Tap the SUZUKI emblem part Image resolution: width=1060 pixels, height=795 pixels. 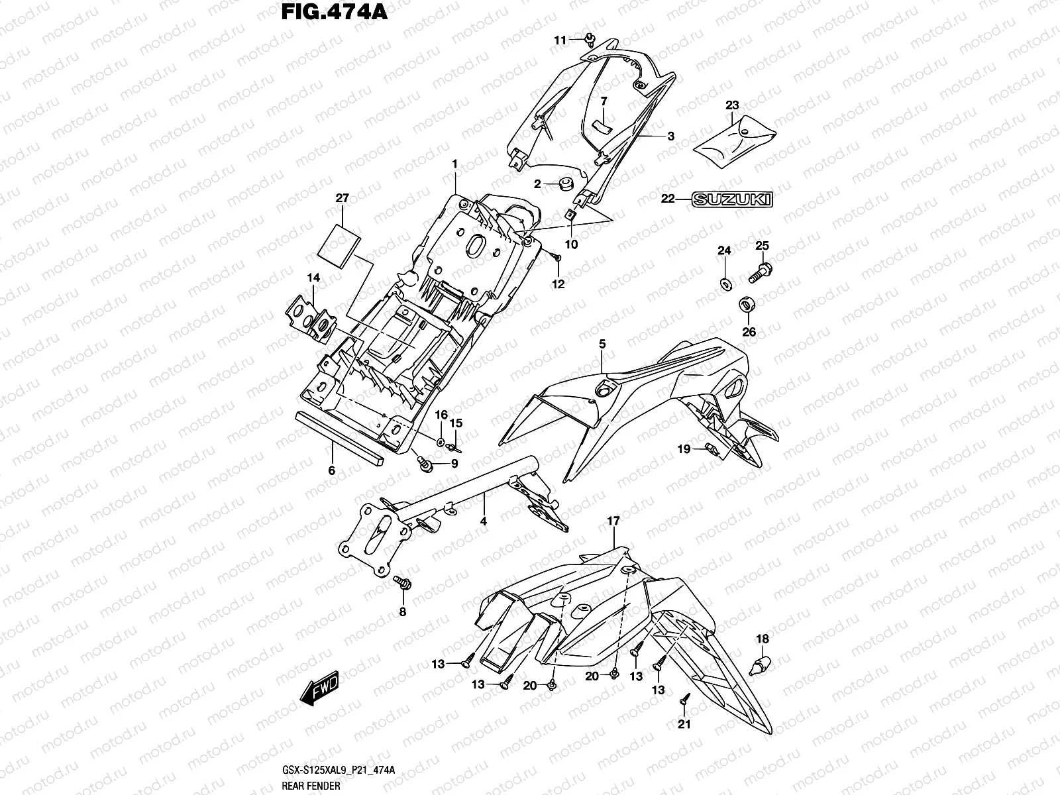(x=732, y=199)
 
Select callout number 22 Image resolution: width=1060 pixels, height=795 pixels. (x=667, y=198)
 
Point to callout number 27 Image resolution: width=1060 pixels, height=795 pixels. (x=342, y=198)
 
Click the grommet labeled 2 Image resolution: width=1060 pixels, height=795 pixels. (x=566, y=184)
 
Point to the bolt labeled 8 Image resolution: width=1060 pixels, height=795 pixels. (x=401, y=583)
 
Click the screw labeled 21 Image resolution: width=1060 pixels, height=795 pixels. (x=685, y=698)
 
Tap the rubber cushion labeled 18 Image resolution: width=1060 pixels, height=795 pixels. (x=762, y=662)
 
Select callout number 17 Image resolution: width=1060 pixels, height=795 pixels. (x=613, y=522)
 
